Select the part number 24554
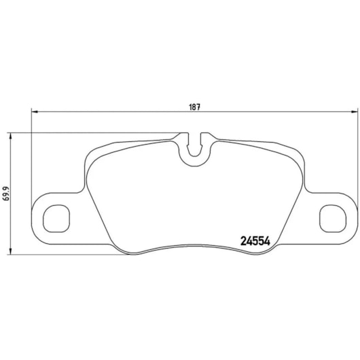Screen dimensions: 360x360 pyautogui.click(x=257, y=240)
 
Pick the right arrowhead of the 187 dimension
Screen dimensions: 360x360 pyautogui.click(x=350, y=113)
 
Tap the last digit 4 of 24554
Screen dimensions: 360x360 pyautogui.click(x=269, y=240)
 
